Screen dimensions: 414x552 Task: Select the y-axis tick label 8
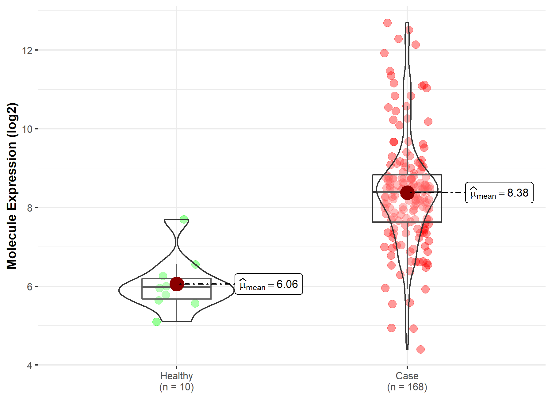click(29, 208)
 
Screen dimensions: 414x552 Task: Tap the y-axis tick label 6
click(29, 287)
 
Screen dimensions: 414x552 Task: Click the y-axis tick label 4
click(29, 366)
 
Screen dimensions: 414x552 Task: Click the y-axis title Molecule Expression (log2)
click(12, 186)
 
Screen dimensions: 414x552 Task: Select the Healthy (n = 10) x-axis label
click(176, 381)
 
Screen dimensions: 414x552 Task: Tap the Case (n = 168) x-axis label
click(407, 381)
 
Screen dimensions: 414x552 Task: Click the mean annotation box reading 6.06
click(269, 284)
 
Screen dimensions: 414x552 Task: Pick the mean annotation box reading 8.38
click(499, 193)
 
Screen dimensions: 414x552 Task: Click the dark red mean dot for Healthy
click(177, 284)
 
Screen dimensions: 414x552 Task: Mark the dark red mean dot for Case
click(407, 193)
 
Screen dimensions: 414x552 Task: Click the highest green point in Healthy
click(184, 219)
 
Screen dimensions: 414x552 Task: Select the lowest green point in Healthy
click(157, 322)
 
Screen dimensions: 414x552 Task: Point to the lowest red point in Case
click(420, 349)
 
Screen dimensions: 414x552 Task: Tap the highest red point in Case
click(387, 23)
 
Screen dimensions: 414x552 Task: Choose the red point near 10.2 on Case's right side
click(428, 121)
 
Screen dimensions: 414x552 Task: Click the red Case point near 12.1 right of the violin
click(416, 44)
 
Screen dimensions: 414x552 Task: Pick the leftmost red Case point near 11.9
click(384, 53)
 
